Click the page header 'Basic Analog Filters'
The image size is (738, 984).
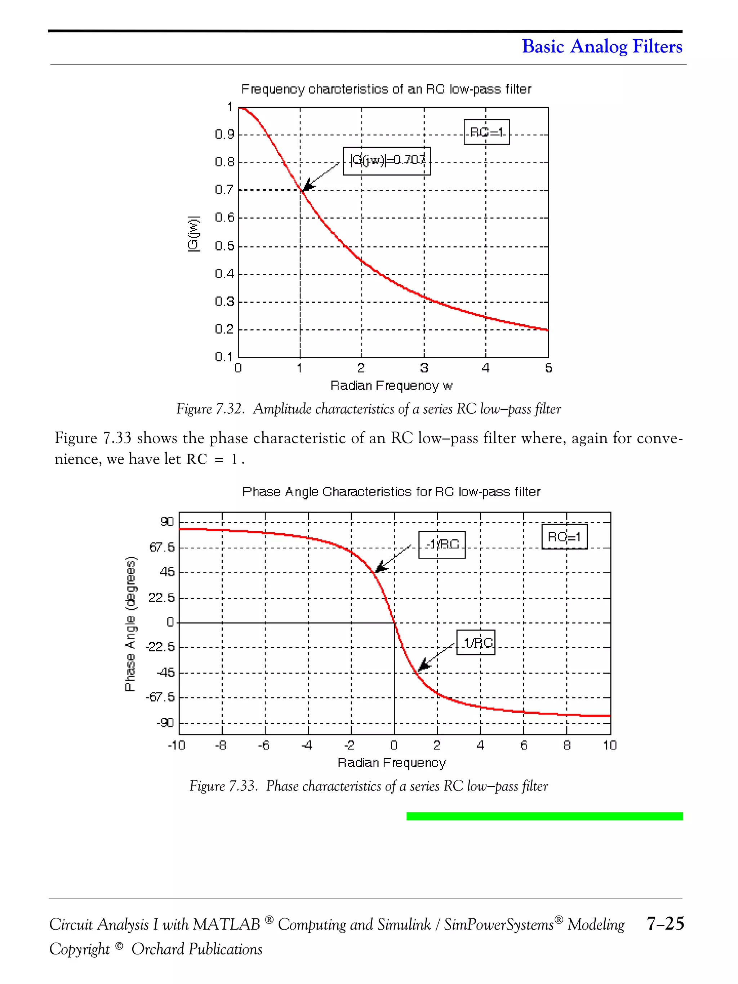[x=601, y=46]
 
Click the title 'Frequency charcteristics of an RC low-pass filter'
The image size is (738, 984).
[x=386, y=89]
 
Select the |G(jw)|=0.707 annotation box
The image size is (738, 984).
[x=387, y=161]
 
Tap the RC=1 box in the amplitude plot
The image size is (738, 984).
[x=486, y=132]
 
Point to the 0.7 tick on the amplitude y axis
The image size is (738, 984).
[x=224, y=190]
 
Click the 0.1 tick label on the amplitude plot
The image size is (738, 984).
[x=224, y=357]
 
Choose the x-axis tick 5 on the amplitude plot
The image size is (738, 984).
[x=548, y=368]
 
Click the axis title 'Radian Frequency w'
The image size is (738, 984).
[x=391, y=386]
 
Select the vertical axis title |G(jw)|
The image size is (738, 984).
[x=194, y=234]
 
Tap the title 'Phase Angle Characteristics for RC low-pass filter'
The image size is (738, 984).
[x=391, y=492]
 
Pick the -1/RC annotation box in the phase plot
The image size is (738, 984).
[x=442, y=544]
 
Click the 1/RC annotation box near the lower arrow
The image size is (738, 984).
[x=476, y=642]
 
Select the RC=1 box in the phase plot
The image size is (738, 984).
[x=564, y=537]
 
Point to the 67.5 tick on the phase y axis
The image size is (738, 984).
[x=162, y=547]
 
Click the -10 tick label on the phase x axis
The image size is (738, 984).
[x=176, y=745]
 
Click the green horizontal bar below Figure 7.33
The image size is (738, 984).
[x=544, y=816]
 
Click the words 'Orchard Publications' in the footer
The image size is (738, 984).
[x=197, y=949]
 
